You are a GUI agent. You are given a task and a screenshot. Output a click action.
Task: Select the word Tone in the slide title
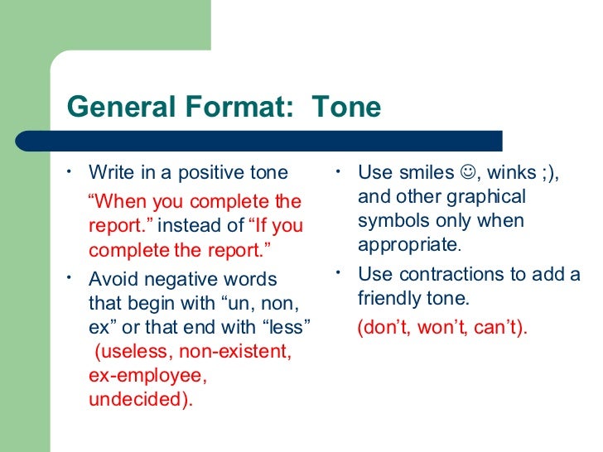pyautogui.click(x=346, y=107)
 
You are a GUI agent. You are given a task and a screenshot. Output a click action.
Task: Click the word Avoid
pyautogui.click(x=113, y=280)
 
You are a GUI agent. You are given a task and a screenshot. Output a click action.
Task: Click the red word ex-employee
pyautogui.click(x=147, y=375)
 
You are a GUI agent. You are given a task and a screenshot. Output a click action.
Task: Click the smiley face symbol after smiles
pyautogui.click(x=466, y=173)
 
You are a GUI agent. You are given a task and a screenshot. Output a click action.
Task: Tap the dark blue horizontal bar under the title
pyautogui.click(x=282, y=141)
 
